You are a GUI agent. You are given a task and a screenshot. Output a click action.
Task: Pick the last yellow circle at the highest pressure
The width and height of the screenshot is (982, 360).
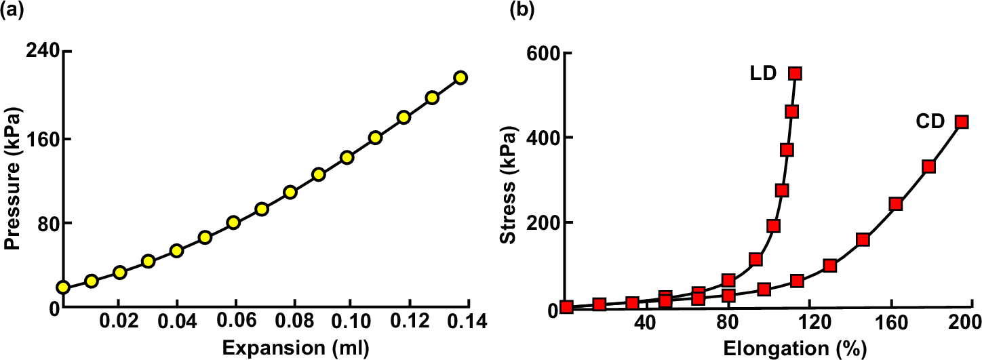[460, 77]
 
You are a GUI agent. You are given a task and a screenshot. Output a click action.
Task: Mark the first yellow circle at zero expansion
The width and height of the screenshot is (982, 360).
[63, 287]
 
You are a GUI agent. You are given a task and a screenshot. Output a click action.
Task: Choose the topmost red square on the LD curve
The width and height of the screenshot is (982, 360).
[795, 73]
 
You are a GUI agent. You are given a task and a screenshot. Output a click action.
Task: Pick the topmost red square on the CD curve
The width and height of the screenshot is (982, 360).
[961, 122]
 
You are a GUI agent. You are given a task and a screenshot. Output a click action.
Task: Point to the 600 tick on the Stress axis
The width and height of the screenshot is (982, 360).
[540, 54]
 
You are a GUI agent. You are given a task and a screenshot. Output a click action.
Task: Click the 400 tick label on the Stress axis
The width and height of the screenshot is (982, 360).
[540, 138]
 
